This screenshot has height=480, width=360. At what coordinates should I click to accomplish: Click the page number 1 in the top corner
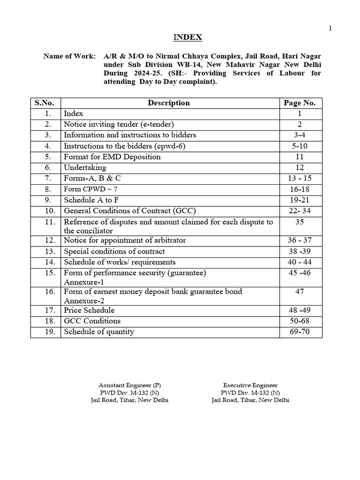coord(330,29)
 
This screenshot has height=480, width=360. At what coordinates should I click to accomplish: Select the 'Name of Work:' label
coord(69,56)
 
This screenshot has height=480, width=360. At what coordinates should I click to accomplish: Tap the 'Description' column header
coord(169,103)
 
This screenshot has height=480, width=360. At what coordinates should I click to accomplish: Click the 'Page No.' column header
coord(300,103)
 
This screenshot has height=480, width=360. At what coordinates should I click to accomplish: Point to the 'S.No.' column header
coord(45,103)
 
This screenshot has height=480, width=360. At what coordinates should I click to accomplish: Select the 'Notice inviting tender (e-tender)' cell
coord(119,124)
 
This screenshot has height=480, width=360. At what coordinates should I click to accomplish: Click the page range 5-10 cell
coord(300,146)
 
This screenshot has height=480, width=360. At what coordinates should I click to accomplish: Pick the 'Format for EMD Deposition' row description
coord(112,157)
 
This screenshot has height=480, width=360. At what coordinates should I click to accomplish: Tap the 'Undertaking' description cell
coord(85,167)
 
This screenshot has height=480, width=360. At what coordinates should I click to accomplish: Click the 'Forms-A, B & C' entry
coord(95,178)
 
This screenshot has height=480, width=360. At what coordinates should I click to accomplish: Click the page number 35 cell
coord(300,222)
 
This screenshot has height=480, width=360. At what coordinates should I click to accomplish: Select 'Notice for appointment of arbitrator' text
coord(125,240)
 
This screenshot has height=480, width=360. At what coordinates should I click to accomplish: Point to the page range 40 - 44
coord(300,262)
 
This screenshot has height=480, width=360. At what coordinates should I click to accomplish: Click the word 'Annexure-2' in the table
coord(84,300)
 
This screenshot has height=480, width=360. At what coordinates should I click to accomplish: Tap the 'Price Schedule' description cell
coord(89,310)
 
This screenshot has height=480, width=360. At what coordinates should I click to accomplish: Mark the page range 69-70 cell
coord(300,332)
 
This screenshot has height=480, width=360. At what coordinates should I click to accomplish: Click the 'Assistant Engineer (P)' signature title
coord(130,385)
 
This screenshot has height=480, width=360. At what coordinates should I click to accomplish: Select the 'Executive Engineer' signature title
coord(250,385)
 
